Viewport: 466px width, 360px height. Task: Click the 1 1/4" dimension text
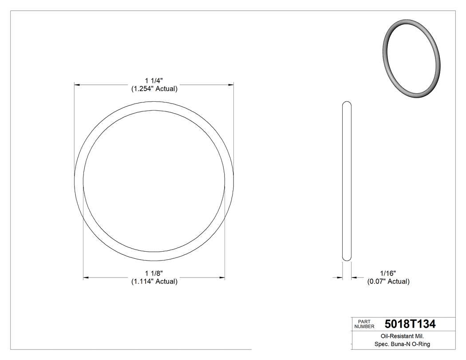tap(154, 80)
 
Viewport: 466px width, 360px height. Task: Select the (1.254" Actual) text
tap(154, 89)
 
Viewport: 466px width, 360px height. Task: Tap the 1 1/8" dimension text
tap(154, 273)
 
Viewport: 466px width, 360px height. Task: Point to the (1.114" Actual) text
tap(154, 281)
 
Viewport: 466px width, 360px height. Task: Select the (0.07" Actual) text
tap(388, 281)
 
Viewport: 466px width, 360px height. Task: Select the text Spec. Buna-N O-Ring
tap(402, 344)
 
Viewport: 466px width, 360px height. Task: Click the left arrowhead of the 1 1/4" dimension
tap(76, 84)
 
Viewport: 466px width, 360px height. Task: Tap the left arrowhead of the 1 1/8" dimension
tap(86, 277)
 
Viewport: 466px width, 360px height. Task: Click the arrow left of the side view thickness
tap(340, 278)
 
